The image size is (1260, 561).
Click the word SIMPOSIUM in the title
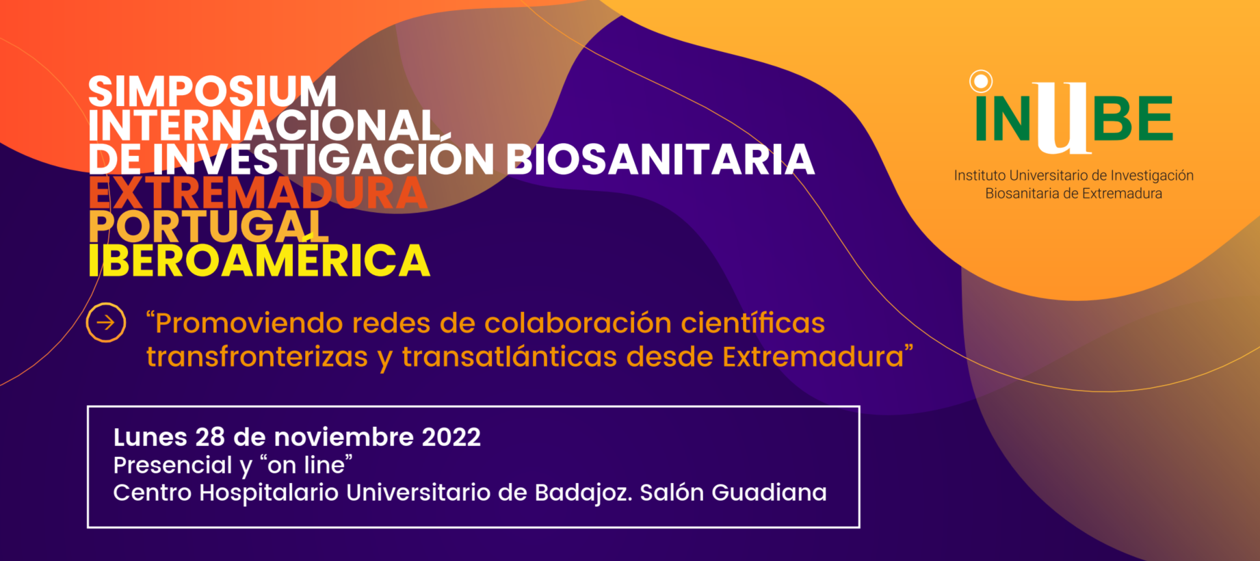[212, 92]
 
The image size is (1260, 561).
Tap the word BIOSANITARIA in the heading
[660, 159]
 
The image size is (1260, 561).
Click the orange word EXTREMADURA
[258, 193]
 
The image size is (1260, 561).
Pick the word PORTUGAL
[209, 226]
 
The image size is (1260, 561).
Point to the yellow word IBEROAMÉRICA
[259, 259]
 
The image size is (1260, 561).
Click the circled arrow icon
[106, 322]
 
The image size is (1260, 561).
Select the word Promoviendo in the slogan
[245, 323]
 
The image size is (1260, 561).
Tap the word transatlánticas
[510, 357]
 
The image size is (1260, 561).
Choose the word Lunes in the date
[150, 437]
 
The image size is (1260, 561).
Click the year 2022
[451, 437]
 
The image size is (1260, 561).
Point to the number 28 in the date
[210, 437]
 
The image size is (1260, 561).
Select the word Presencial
[173, 465]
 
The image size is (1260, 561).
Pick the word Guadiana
[770, 493]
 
